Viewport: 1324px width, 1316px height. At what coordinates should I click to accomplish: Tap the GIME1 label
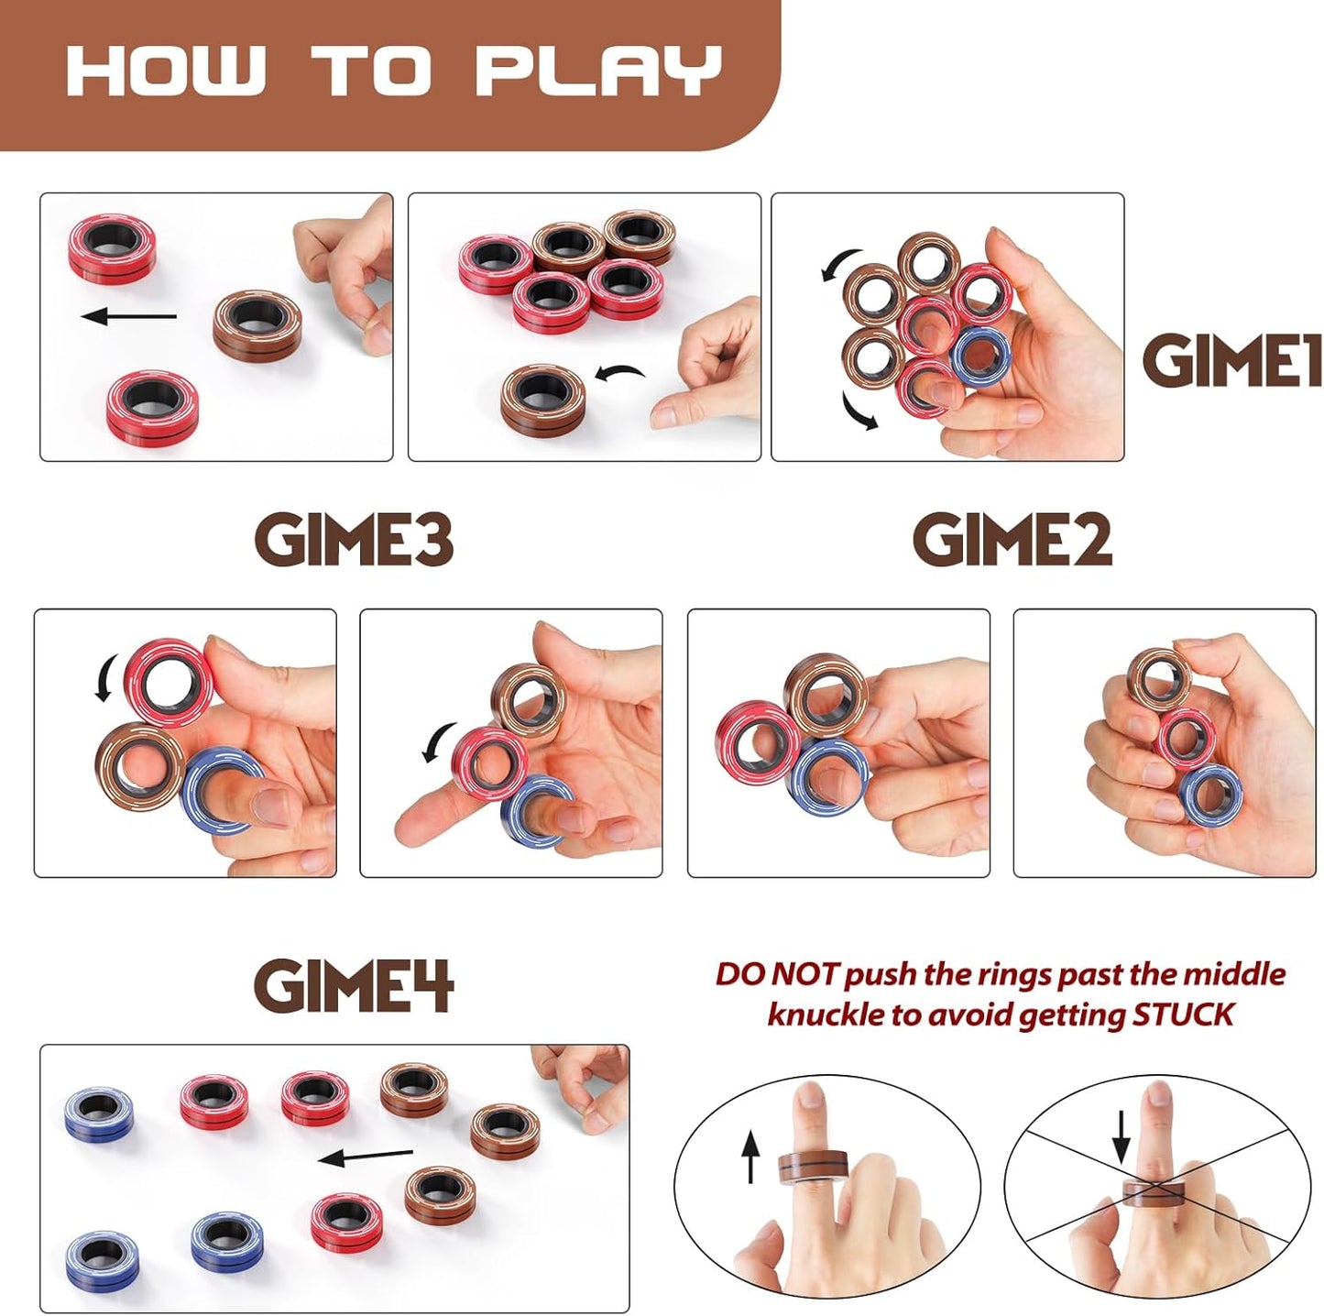(1231, 360)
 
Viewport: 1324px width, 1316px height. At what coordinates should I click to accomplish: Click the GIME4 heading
(354, 986)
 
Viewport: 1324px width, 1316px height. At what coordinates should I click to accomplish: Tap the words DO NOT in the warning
(776, 974)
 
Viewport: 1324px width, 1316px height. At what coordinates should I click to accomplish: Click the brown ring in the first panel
(257, 324)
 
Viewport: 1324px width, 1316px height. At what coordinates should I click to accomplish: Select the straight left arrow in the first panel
(129, 317)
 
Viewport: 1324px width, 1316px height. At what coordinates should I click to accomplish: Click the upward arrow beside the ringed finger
(750, 1155)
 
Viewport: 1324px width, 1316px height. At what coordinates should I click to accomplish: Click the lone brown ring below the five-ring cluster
(543, 400)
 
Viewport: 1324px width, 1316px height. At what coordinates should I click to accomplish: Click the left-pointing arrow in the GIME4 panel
(365, 1157)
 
